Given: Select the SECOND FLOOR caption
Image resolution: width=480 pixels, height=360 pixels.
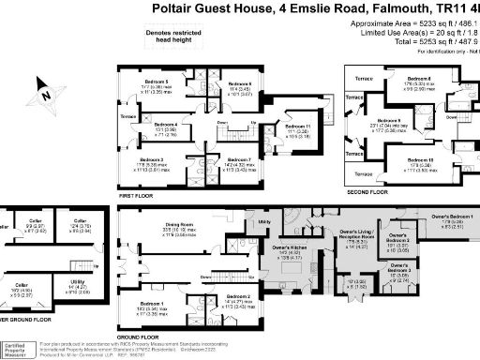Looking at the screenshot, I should tap(367, 191).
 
